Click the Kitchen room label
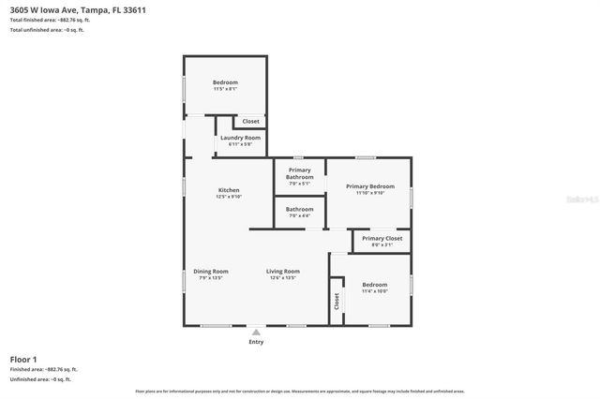[229, 190]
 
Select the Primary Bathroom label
[300, 173]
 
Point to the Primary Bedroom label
[369, 186]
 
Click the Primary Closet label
[382, 239]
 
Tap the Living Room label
[282, 271]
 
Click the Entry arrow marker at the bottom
[256, 332]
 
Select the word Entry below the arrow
[256, 342]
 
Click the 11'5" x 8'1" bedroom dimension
[225, 89]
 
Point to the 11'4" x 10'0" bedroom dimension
[374, 291]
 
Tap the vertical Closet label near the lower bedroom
[337, 302]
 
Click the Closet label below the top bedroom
[250, 121]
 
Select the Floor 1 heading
[23, 359]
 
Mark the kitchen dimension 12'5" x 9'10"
[229, 197]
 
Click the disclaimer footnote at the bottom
[299, 391]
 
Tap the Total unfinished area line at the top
[47, 30]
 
